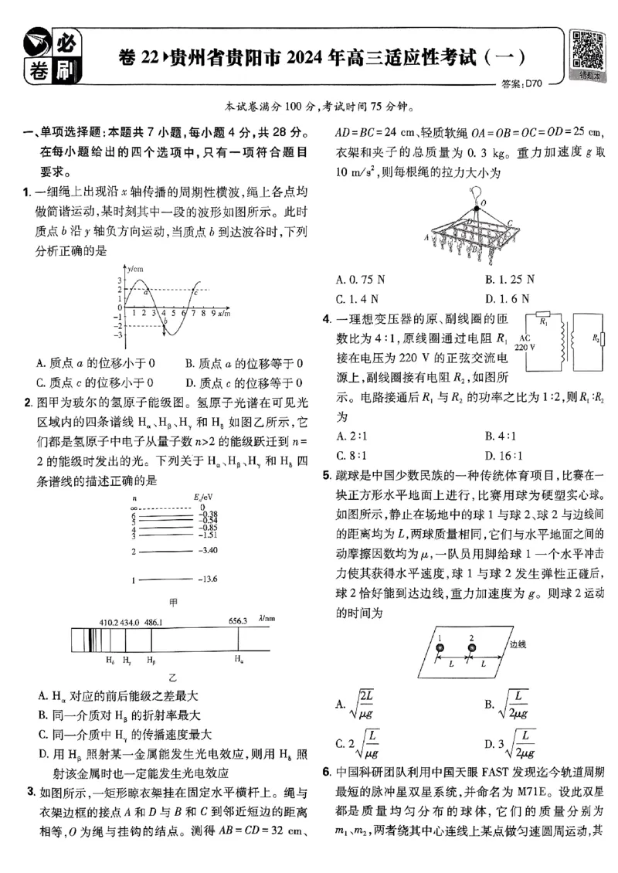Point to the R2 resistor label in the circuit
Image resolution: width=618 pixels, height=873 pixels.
click(x=595, y=338)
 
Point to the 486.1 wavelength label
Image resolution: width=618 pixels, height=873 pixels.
click(x=153, y=621)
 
